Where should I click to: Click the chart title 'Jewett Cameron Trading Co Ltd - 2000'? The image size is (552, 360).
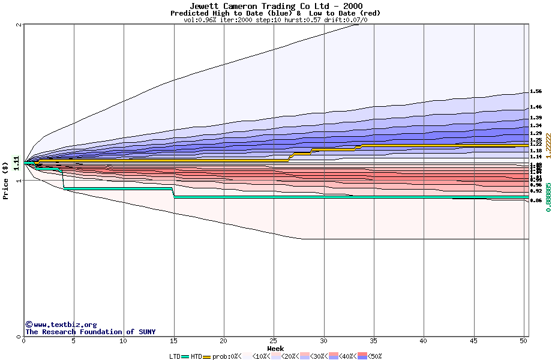(x=275, y=6)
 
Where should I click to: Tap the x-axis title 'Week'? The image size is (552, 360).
(x=275, y=348)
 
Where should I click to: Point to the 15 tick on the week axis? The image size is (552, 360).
(x=173, y=341)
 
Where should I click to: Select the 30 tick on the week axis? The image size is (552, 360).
(x=323, y=341)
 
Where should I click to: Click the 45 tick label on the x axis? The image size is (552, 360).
(x=473, y=341)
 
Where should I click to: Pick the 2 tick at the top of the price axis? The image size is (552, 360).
(x=20, y=25)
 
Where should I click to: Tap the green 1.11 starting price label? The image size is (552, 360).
(x=16, y=162)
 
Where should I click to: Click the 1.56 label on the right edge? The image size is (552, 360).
(x=536, y=92)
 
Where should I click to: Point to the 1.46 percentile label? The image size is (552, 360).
(x=536, y=107)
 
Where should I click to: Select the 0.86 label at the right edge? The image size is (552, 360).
(x=536, y=200)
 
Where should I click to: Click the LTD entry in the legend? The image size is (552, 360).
(x=179, y=356)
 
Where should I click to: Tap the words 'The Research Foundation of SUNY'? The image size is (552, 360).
(x=90, y=332)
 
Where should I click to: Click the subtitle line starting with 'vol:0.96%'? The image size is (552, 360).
(x=275, y=20)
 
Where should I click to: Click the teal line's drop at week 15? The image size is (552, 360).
(x=173, y=193)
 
